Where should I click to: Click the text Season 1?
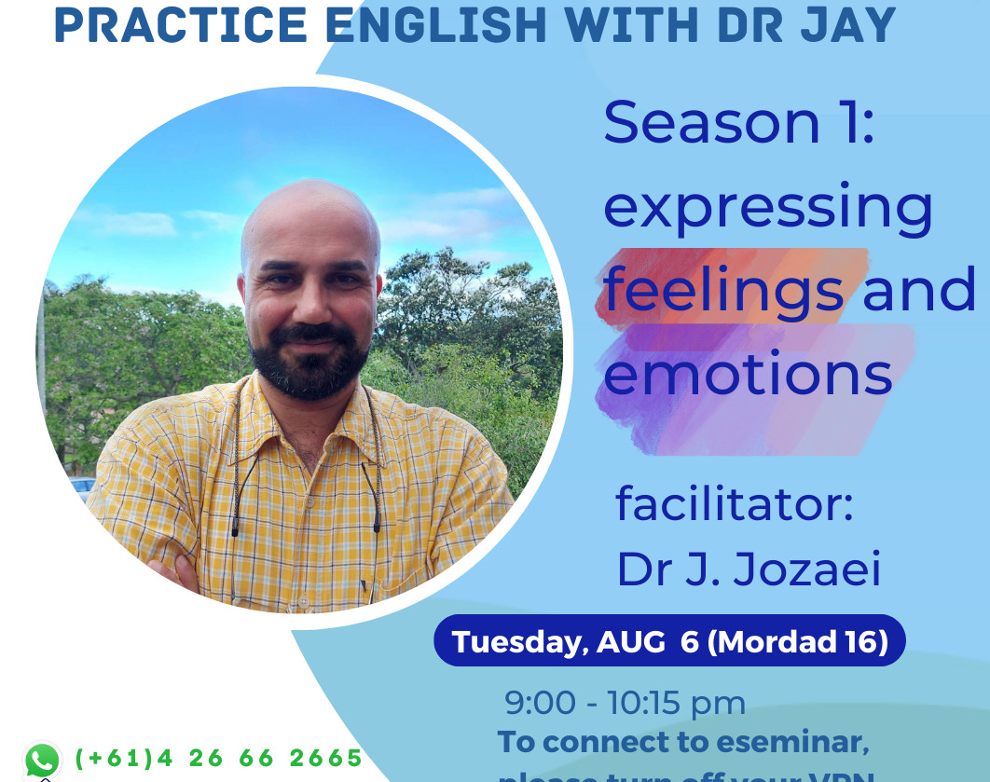tap(739, 123)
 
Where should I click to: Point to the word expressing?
tap(768, 210)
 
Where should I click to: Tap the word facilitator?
tap(735, 504)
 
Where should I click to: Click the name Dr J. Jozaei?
tap(749, 569)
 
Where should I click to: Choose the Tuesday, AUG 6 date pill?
tap(669, 641)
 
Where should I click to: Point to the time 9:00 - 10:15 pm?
tap(625, 703)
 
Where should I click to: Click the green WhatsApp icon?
tap(42, 760)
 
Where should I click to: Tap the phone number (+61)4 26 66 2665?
tap(218, 758)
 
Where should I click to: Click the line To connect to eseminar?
tap(683, 742)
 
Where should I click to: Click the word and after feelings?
tap(919, 291)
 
